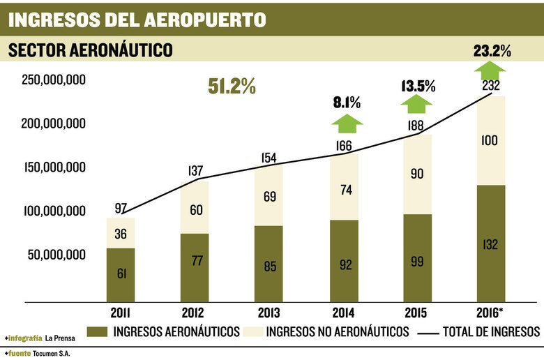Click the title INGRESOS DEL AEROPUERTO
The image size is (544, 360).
click(x=137, y=19)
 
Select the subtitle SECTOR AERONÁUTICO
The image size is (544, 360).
click(x=89, y=50)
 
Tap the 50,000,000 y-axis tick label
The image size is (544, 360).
click(x=57, y=255)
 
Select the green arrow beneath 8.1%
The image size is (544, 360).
click(x=347, y=123)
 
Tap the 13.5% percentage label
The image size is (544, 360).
click(x=418, y=87)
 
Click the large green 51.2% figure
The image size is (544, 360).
click(x=232, y=87)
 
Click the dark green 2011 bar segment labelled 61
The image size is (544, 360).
click(x=121, y=274)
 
